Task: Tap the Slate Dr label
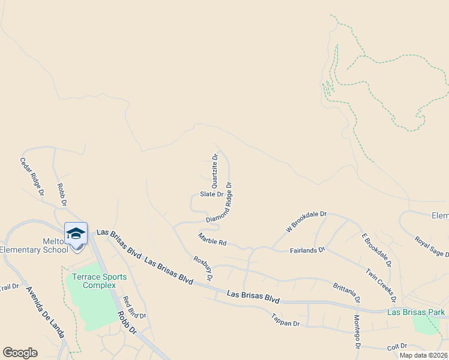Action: pos(211,194)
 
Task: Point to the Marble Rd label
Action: pos(212,239)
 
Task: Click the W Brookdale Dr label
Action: pos(306,221)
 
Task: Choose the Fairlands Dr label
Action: pos(307,249)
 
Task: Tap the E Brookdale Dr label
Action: pos(376,249)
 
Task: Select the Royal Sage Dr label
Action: pos(432,247)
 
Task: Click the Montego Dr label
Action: pos(356,332)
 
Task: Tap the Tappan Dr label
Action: pos(285,319)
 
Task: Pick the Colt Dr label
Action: pos(397,346)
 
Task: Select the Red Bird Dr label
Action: pos(134,307)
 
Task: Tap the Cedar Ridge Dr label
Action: pos(32,176)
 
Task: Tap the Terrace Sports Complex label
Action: pos(100,281)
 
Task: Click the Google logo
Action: pos(20,353)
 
